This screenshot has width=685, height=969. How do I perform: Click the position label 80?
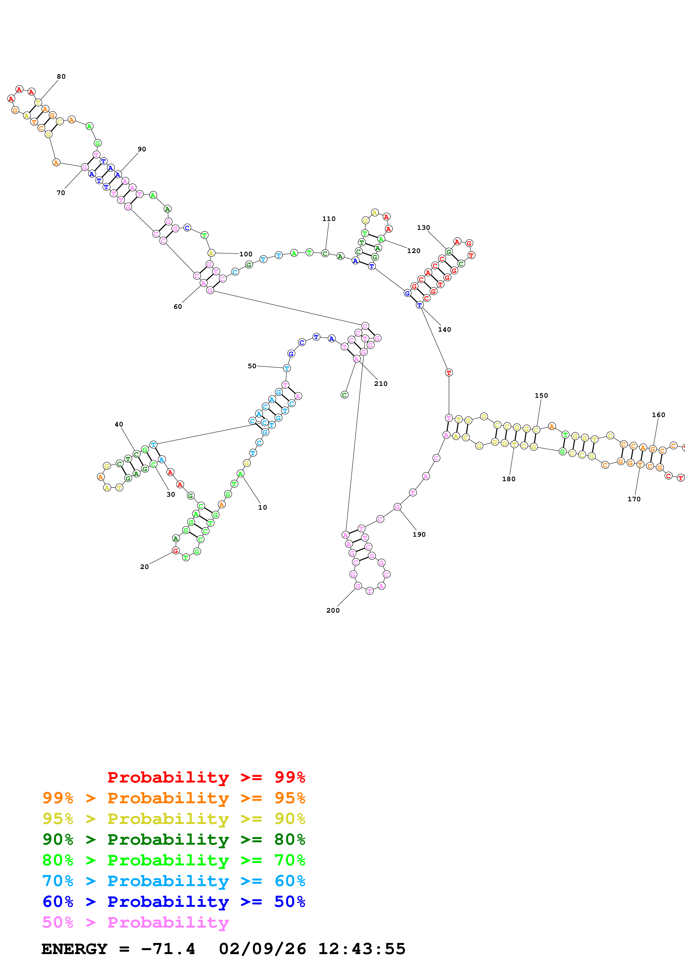tap(61, 77)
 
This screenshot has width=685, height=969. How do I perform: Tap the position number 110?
tap(329, 218)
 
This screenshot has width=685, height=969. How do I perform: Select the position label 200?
tap(333, 610)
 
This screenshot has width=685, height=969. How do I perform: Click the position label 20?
tap(144, 567)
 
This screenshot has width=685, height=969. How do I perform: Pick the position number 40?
tap(119, 424)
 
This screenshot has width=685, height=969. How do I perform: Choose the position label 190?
tap(419, 534)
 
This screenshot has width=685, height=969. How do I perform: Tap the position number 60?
tap(178, 306)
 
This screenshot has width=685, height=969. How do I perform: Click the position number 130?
tap(423, 228)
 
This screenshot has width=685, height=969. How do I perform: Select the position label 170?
tap(634, 499)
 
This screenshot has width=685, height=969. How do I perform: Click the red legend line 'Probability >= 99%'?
tap(206, 777)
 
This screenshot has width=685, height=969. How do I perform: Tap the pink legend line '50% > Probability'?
tap(135, 922)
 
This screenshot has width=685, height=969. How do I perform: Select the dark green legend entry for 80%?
tap(174, 839)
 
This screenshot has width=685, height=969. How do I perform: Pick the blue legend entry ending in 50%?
tap(174, 902)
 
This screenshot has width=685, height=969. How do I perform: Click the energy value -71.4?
tap(168, 949)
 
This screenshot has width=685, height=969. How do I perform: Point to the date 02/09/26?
tap(263, 949)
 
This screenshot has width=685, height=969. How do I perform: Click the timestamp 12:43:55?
tap(362, 949)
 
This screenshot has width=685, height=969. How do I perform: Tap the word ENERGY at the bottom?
tap(74, 949)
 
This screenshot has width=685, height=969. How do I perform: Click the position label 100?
tap(246, 254)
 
